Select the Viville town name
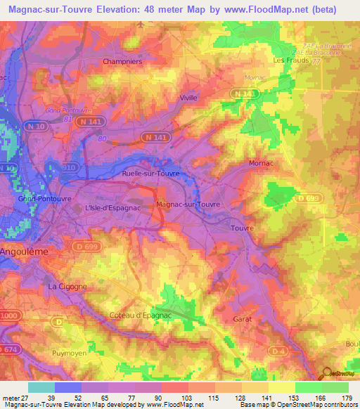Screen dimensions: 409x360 click(x=188, y=98)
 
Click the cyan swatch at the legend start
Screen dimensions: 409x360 click(x=41, y=387)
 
